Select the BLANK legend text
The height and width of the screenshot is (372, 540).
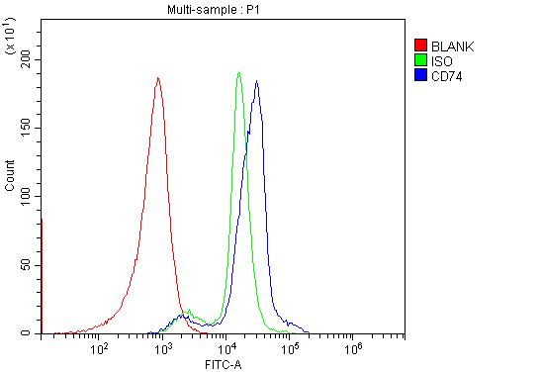tap(453, 46)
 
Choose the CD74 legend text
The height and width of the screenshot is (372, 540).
tap(448, 75)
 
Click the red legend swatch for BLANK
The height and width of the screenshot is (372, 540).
tap(421, 46)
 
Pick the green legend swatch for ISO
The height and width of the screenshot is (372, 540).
tap(421, 60)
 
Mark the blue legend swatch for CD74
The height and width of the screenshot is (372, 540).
tap(421, 75)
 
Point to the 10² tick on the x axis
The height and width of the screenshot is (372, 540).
tap(100, 348)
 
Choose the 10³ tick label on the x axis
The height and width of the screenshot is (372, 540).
tap(163, 348)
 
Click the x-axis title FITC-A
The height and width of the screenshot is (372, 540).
tap(223, 364)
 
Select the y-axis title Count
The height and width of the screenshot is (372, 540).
tap(10, 178)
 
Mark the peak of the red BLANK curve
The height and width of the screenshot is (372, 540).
tap(157, 78)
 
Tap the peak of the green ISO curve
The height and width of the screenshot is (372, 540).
tap(239, 72)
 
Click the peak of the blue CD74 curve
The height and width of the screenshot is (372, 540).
tap(256, 81)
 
